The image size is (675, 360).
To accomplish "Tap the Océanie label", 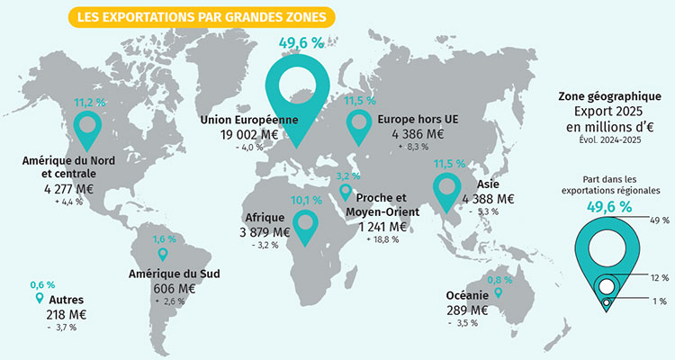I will [467, 295].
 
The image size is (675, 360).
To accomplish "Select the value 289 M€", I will [467, 310].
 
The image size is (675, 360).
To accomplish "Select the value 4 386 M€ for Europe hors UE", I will [411, 134].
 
